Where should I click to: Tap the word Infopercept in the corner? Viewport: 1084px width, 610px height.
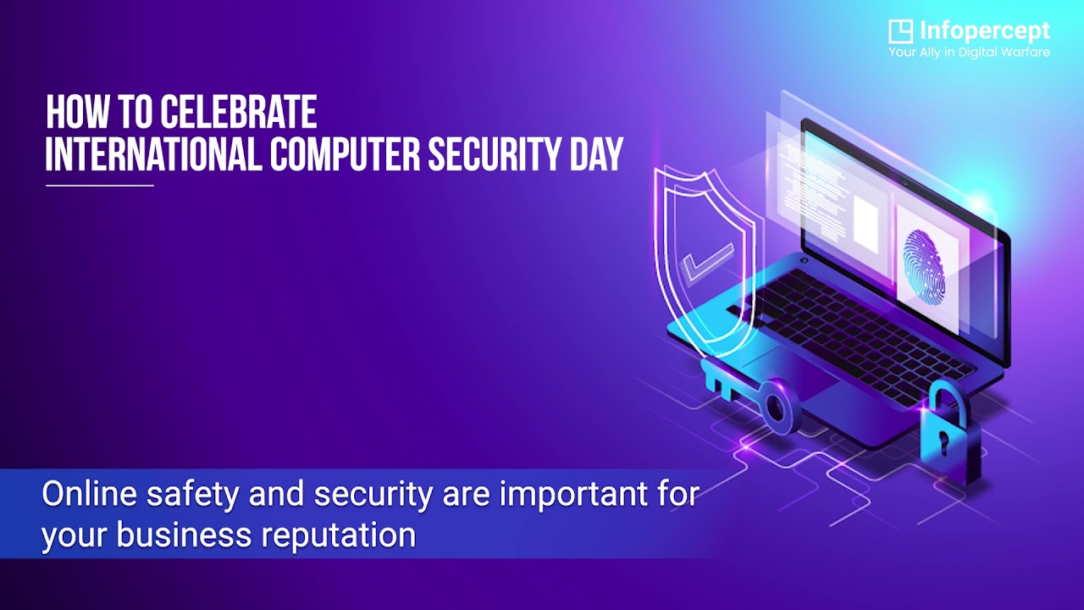pyautogui.click(x=984, y=32)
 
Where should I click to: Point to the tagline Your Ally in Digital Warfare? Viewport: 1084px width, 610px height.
pyautogui.click(x=969, y=53)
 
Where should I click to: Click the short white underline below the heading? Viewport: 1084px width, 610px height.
pyautogui.click(x=100, y=185)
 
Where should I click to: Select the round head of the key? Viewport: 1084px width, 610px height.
pyautogui.click(x=777, y=404)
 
